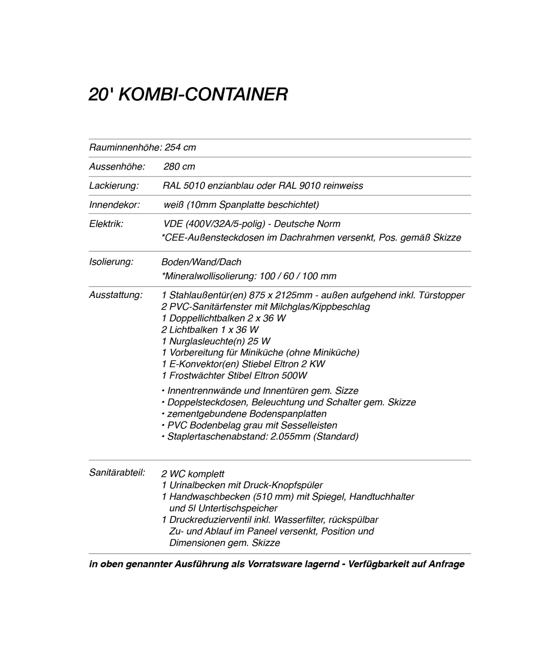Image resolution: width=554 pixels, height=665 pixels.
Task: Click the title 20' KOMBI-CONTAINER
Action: pos(188,94)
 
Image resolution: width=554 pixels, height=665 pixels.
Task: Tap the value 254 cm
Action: pos(180,147)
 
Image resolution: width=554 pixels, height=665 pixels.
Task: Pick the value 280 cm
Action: pos(179,167)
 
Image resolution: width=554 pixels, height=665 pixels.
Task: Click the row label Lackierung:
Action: pos(114,186)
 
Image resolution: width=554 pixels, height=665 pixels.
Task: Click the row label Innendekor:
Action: pos(114,205)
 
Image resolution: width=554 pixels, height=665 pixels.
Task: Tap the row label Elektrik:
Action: pos(106,224)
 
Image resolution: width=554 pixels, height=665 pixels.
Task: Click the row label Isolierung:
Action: pos(111,262)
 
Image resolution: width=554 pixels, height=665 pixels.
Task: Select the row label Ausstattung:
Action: pos(116,295)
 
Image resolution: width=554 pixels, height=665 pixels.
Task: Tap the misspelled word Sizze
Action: pos(347,391)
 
